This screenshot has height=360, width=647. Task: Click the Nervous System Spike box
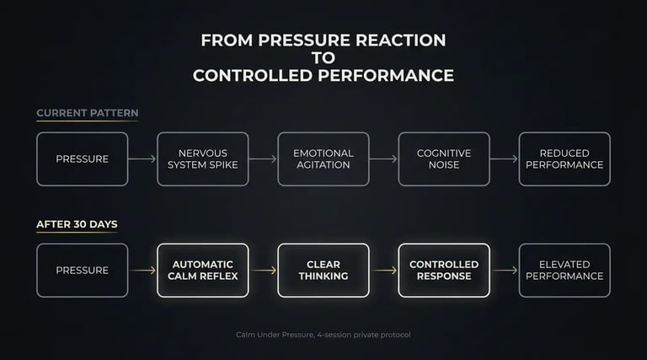pos(203,159)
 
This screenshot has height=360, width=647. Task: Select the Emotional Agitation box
pos(323,159)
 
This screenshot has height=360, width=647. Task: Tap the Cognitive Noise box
pos(444,159)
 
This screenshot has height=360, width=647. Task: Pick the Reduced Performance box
pos(564,159)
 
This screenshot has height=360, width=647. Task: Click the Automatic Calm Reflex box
pos(203,270)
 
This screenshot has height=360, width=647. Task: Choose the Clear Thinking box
pos(323,270)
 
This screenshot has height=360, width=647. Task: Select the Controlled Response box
pos(444,270)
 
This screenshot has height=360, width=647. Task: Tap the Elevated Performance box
pos(564,270)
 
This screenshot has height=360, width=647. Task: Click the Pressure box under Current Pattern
pos(82,159)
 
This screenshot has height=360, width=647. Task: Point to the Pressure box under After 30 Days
pos(82,270)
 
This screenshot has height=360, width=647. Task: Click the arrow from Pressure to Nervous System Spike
pos(142,159)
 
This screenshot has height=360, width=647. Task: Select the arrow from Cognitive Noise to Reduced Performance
pos(504,159)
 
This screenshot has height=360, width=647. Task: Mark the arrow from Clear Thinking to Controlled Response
pos(383,270)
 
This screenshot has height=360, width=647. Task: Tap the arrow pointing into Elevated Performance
pos(504,270)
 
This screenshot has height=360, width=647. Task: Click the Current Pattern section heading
pos(88,113)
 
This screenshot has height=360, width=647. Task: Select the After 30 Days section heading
pos(77,225)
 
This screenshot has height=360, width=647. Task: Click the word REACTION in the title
pos(398,40)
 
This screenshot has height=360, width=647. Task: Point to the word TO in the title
pos(323,57)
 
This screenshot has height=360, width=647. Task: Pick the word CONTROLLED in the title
pos(253,75)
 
